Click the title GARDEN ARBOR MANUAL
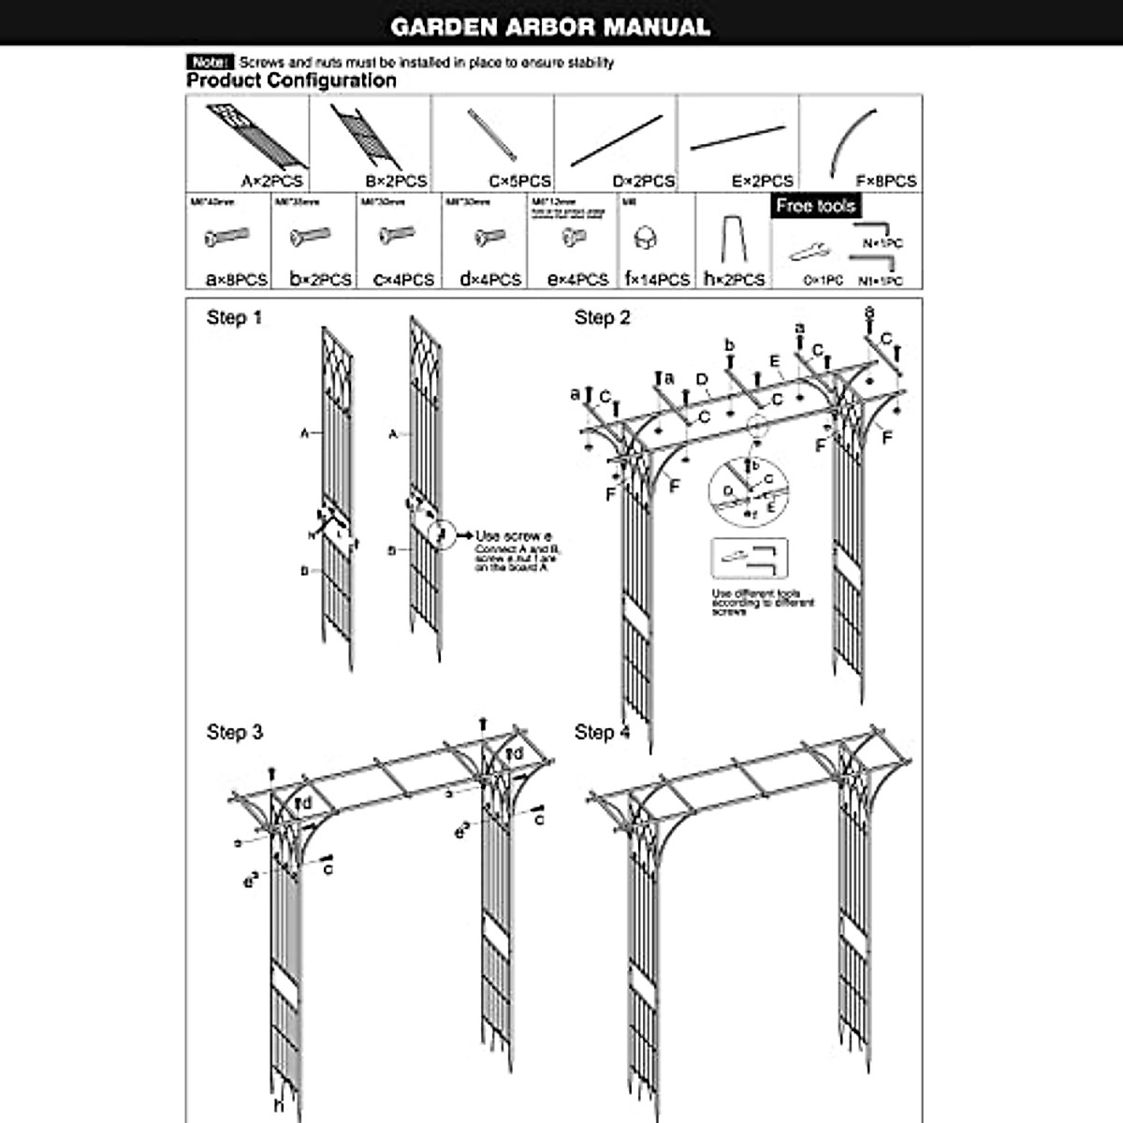click(550, 26)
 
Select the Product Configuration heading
click(291, 80)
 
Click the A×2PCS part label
click(271, 182)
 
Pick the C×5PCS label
click(519, 182)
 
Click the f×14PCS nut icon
click(645, 238)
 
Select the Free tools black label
click(816, 206)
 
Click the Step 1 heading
click(234, 318)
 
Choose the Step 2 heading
click(602, 318)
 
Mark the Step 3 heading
click(234, 732)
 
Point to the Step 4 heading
click(602, 732)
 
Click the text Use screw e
click(514, 536)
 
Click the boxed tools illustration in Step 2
click(749, 561)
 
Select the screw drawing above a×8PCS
click(227, 237)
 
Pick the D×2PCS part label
click(643, 182)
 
